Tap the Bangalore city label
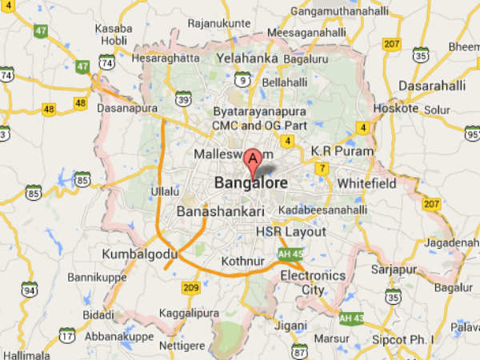coord(250,183)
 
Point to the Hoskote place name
coord(396,108)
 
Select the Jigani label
coord(290,326)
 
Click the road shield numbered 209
coord(191,287)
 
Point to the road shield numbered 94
coord(29,289)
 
